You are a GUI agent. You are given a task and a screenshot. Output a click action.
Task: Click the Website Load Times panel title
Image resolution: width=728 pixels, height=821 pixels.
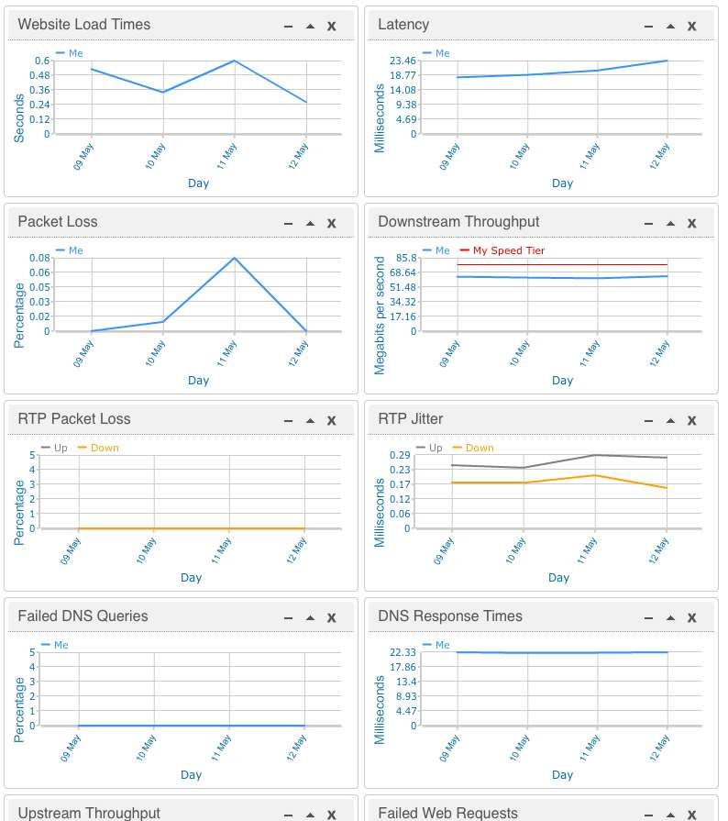pyautogui.click(x=83, y=25)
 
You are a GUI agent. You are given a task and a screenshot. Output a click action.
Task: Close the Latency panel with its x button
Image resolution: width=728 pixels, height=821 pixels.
pyautogui.click(x=692, y=26)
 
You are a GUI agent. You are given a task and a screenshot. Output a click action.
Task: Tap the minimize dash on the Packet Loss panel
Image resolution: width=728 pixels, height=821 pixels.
pyautogui.click(x=288, y=223)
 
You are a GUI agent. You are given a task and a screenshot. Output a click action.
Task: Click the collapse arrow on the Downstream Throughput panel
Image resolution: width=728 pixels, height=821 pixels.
pyautogui.click(x=670, y=223)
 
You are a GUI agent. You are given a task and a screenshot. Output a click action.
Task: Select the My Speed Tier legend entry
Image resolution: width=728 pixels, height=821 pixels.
pyautogui.click(x=508, y=250)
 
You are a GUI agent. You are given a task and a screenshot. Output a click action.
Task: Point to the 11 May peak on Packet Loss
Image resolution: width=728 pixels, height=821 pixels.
pyautogui.click(x=235, y=258)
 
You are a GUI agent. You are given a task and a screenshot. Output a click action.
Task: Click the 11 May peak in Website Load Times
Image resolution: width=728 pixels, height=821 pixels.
pyautogui.click(x=235, y=61)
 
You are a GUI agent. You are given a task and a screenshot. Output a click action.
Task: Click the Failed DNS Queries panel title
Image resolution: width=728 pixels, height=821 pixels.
pyautogui.click(x=83, y=616)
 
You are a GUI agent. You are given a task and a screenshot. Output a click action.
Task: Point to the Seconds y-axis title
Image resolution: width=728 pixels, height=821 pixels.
pyautogui.click(x=19, y=116)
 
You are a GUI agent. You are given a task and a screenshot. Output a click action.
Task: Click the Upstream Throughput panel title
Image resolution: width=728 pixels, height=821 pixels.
pyautogui.click(x=89, y=813)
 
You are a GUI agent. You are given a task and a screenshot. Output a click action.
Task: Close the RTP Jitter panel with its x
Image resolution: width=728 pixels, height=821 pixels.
pyautogui.click(x=692, y=420)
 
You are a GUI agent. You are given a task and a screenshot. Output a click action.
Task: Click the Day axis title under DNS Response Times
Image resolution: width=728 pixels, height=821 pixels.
pyautogui.click(x=562, y=774)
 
